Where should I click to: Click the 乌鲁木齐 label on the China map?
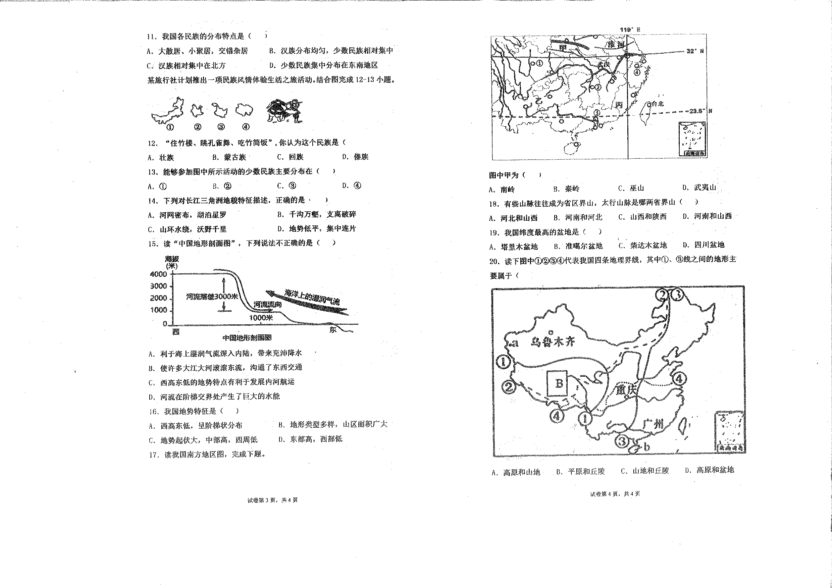coord(553,341)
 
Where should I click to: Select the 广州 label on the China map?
coord(653,424)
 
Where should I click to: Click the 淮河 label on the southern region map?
coord(616,44)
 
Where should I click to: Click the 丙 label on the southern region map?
coord(619,105)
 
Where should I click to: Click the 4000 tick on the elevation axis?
coord(158,274)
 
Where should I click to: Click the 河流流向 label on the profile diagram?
coord(267,304)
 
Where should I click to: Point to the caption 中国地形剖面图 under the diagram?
coord(247,338)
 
